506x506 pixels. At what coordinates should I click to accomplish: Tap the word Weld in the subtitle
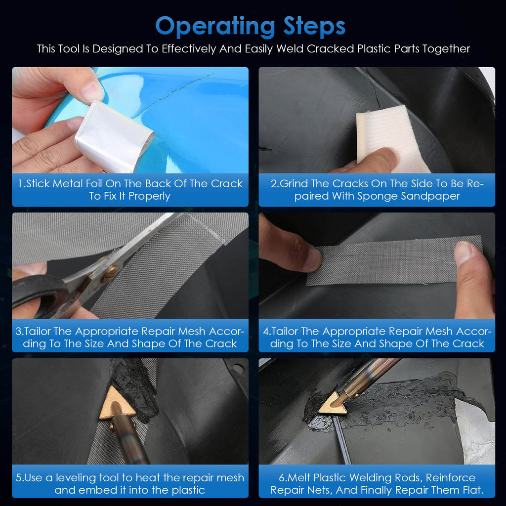pyautogui.click(x=290, y=49)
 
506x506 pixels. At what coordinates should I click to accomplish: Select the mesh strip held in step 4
pyautogui.click(x=394, y=261)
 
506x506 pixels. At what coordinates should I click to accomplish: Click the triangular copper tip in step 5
pyautogui.click(x=117, y=403)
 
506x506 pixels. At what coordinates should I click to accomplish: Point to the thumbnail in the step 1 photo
pyautogui.click(x=92, y=91)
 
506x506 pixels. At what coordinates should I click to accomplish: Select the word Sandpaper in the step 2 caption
pyautogui.click(x=430, y=196)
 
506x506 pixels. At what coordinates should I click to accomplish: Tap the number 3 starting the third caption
pyautogui.click(x=18, y=331)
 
